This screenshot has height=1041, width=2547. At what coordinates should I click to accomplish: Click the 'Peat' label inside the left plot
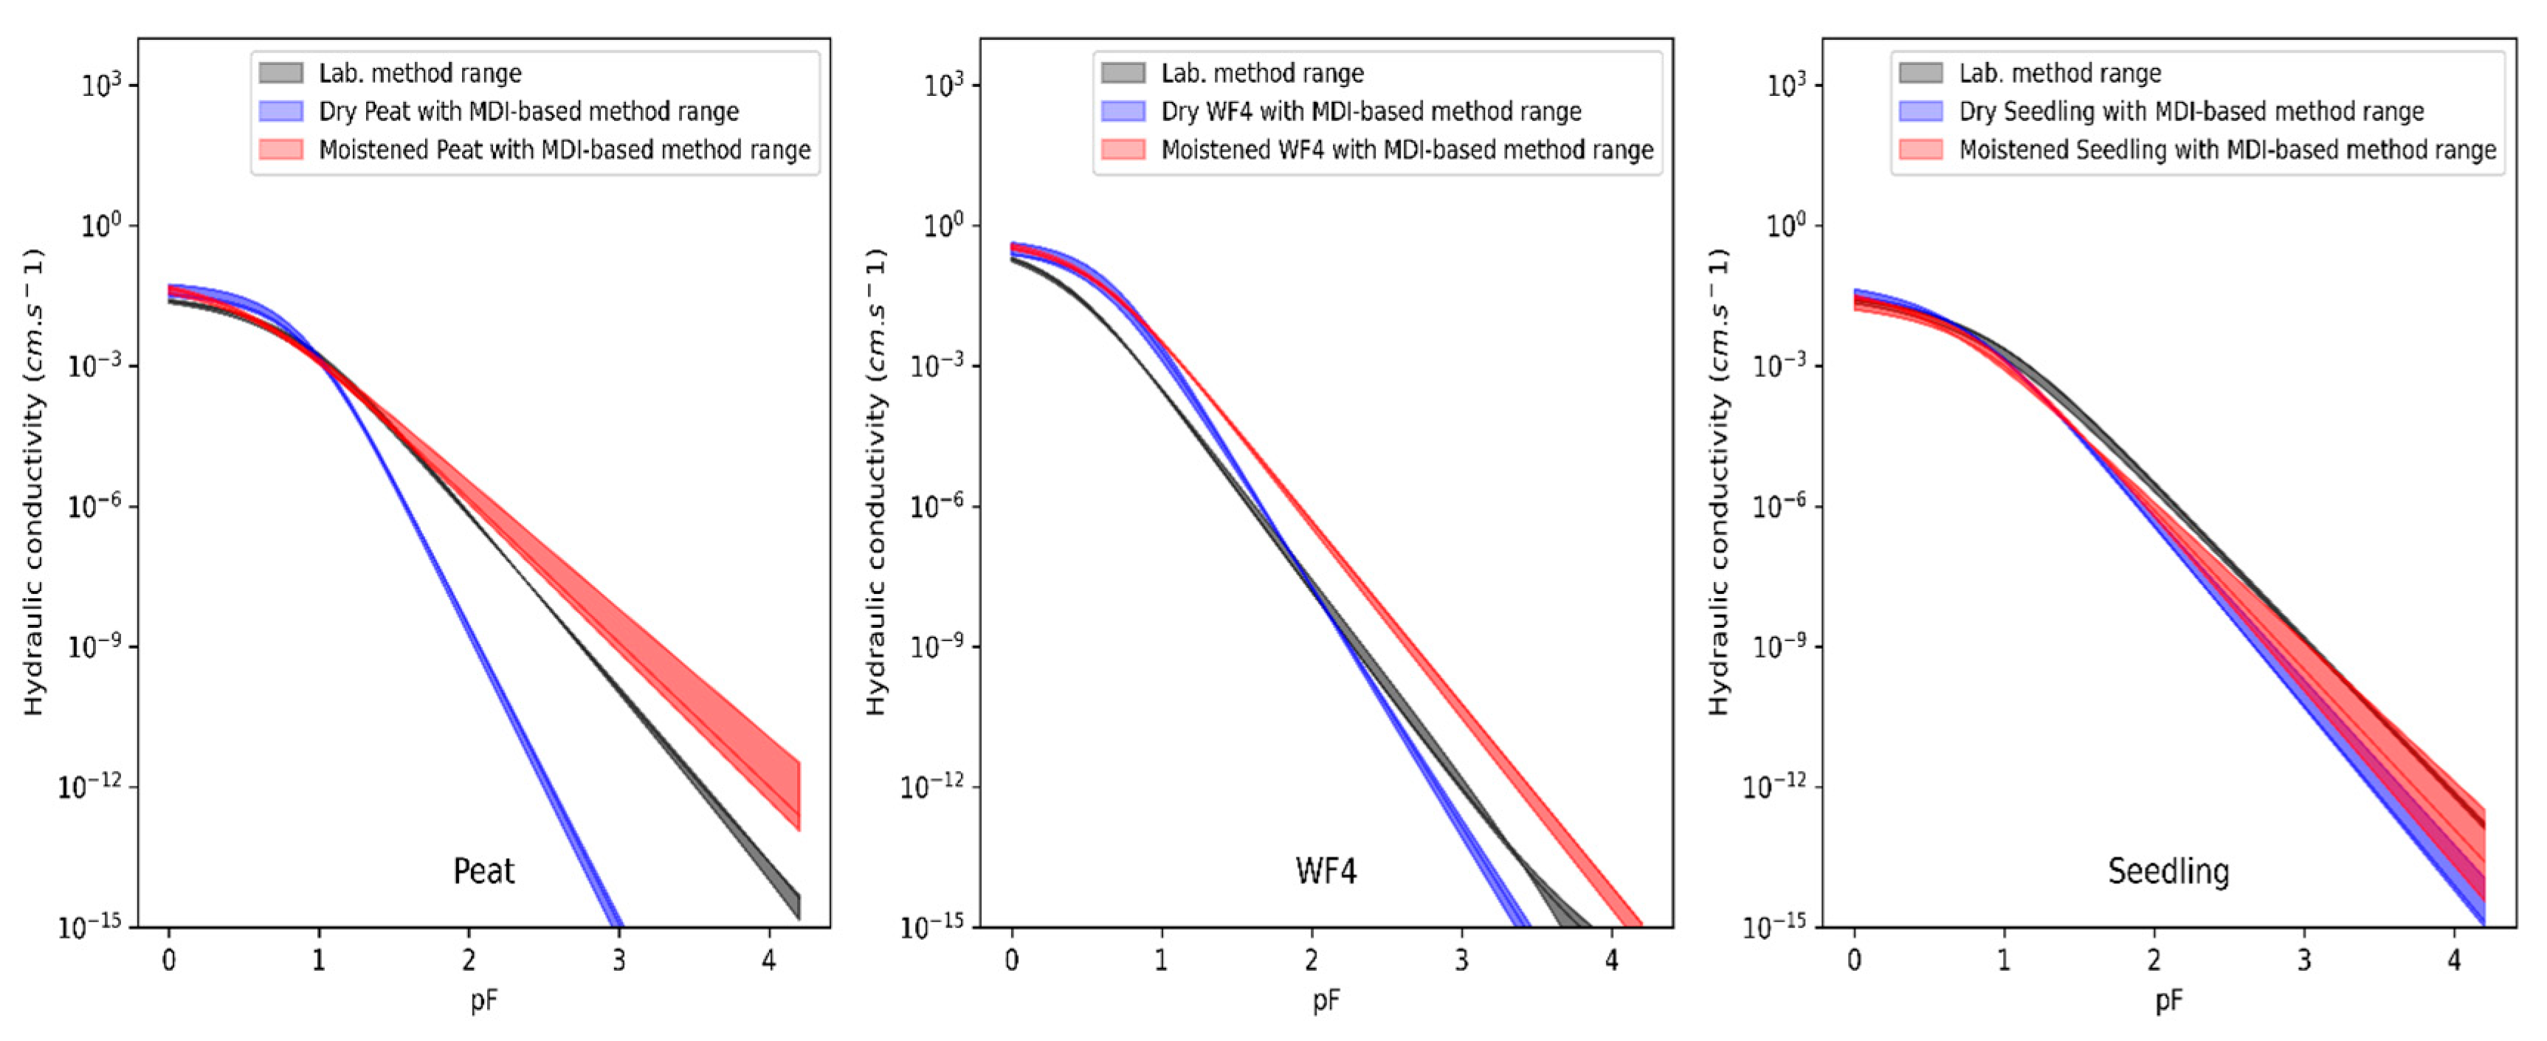[x=483, y=871]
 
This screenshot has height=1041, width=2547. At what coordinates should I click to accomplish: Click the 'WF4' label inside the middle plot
[x=1326, y=871]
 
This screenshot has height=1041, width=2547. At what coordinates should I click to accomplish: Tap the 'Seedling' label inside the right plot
[x=2168, y=871]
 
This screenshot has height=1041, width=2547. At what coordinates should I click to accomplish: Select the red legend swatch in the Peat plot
[x=280, y=149]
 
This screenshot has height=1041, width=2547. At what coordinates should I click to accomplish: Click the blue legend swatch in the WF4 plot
[x=1123, y=111]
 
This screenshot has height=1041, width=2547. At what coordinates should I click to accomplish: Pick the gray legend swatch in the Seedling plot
[x=1921, y=73]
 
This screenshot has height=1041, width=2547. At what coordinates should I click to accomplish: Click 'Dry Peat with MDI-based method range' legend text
[x=528, y=111]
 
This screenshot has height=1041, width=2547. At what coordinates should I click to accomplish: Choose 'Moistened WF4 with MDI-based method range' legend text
[x=1407, y=149]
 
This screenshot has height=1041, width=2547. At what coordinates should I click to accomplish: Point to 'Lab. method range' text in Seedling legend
[x=2060, y=73]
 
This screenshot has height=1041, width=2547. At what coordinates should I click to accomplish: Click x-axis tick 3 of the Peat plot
[x=619, y=960]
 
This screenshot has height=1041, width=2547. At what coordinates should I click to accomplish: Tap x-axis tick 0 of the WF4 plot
[x=1011, y=960]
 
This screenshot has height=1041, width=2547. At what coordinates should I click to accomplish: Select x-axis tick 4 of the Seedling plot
[x=2454, y=960]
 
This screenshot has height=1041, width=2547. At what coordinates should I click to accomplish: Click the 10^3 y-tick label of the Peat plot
[x=102, y=85]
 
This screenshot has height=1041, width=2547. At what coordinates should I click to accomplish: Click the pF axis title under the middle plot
[x=1326, y=1001]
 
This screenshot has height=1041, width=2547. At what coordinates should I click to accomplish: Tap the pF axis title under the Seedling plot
[x=2168, y=1001]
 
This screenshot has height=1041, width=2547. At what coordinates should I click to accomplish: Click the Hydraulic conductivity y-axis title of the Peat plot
[x=35, y=482]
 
